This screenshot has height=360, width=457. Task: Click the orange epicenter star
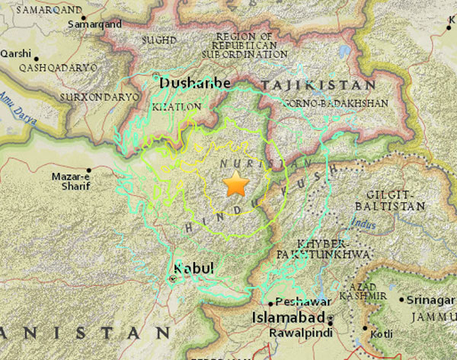237,184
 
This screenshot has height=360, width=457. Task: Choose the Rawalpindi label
300,333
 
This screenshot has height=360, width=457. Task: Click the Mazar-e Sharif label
71,181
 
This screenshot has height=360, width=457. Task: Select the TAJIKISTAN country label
318,85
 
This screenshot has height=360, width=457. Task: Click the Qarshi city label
16,53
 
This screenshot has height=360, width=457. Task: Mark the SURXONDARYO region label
100,97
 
